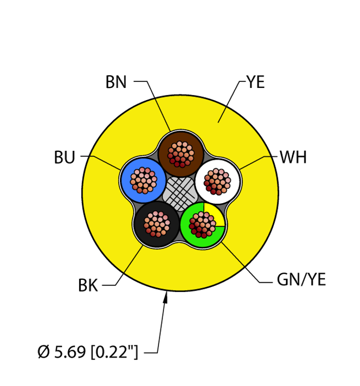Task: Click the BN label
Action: (x=116, y=82)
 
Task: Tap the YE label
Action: (x=255, y=82)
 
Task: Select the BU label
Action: (x=64, y=158)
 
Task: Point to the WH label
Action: (x=293, y=158)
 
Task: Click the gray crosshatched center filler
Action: (x=180, y=193)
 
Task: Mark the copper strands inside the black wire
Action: (x=157, y=223)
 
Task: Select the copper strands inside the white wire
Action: (x=217, y=182)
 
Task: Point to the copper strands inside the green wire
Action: (x=203, y=224)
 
